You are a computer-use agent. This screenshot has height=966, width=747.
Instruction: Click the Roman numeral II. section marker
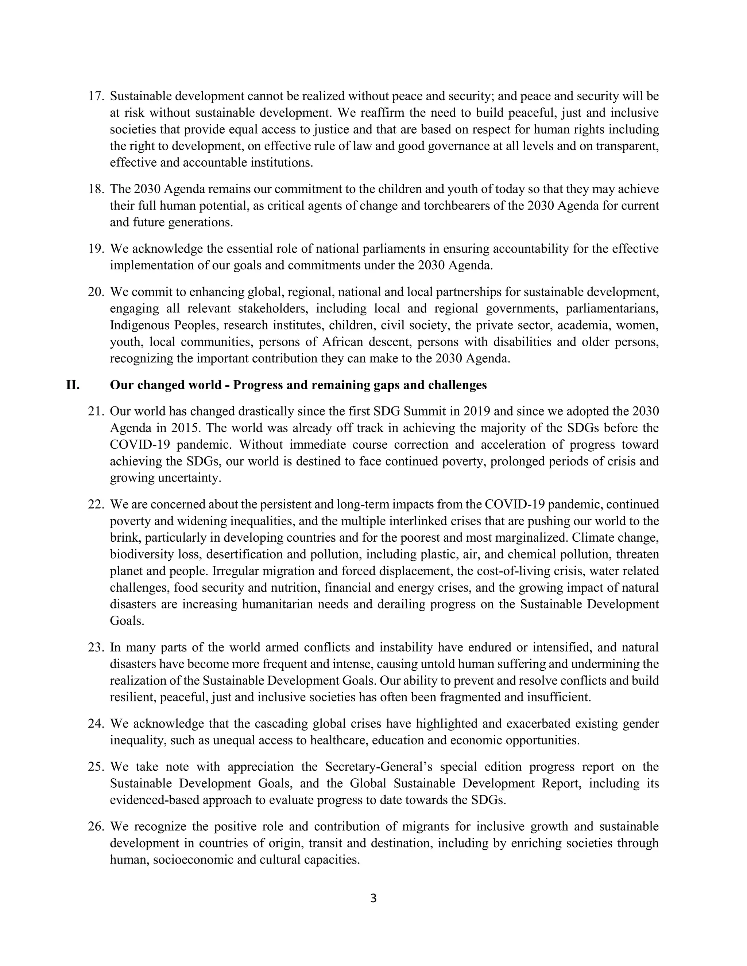[73, 385]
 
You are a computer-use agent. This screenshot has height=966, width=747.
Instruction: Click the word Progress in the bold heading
[258, 385]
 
